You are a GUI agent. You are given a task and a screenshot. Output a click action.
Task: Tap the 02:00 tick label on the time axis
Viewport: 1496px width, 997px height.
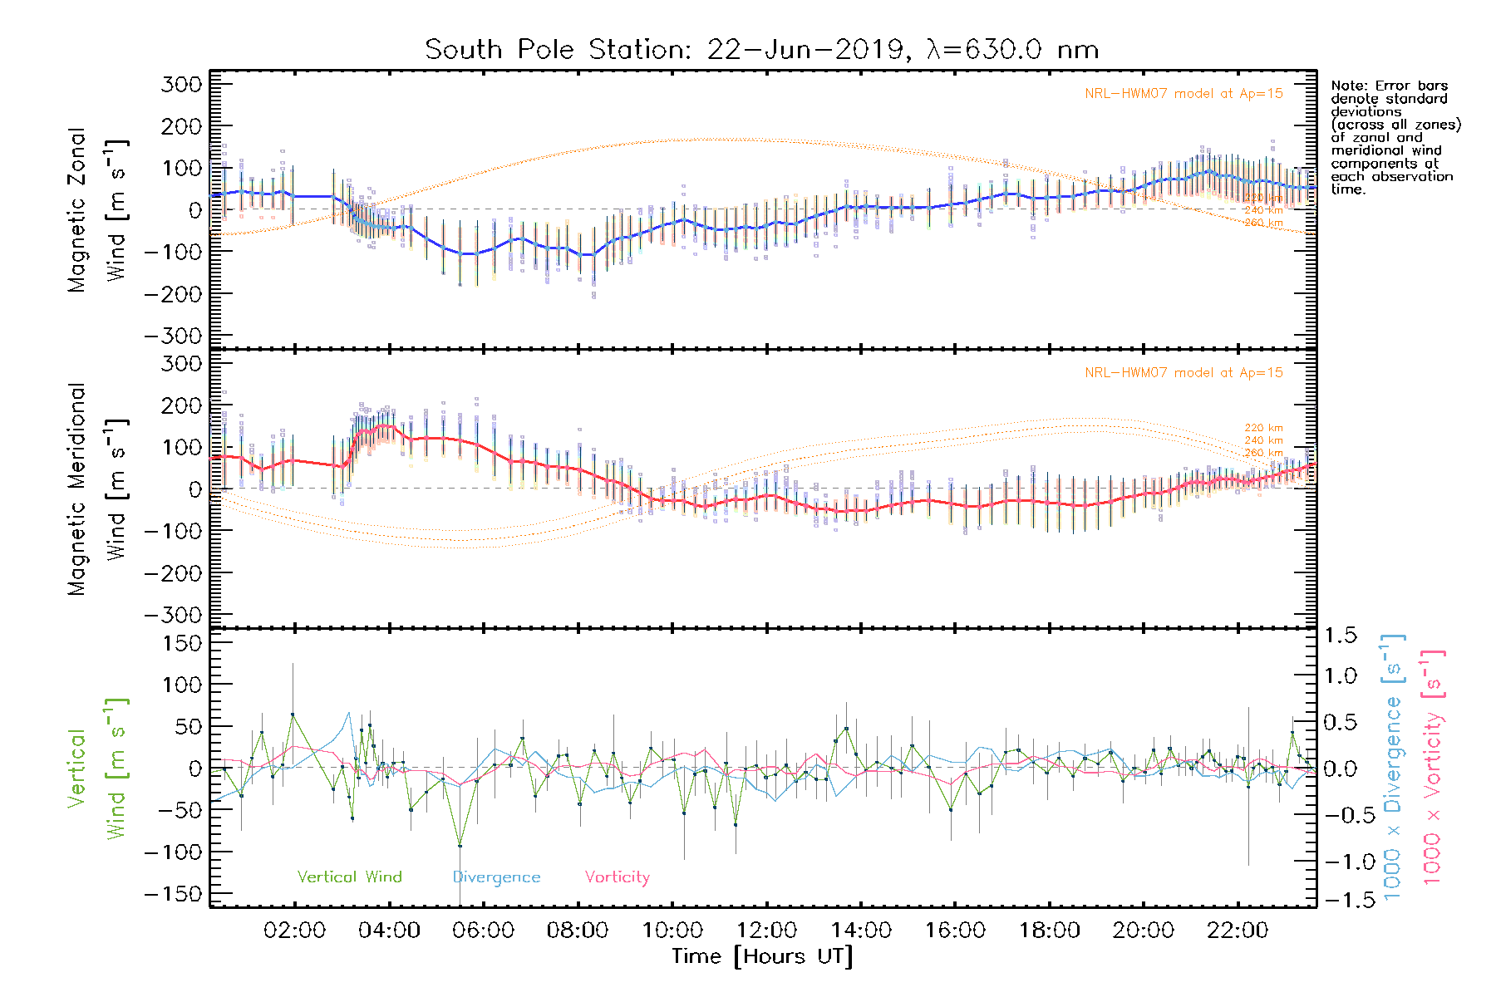pos(294,931)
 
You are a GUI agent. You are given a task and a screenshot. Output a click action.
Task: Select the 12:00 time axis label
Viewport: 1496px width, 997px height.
pos(766,931)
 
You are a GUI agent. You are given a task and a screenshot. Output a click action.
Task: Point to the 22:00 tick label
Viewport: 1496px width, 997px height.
pos(1238,931)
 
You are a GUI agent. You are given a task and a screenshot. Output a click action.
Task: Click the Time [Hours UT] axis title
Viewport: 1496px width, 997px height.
pos(762,957)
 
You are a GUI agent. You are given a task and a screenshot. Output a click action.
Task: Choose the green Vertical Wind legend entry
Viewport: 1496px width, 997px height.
pos(349,877)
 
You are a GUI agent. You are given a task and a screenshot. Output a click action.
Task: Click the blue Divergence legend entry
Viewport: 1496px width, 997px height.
pos(496,877)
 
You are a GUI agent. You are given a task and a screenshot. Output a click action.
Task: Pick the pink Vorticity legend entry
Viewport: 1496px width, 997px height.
pos(617,877)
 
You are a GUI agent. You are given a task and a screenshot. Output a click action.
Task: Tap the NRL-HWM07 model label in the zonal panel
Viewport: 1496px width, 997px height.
pos(1184,94)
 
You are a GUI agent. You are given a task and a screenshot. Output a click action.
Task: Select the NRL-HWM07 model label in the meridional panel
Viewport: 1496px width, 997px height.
pos(1184,373)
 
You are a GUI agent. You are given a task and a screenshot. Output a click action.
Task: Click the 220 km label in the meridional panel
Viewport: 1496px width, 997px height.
pos(1263,428)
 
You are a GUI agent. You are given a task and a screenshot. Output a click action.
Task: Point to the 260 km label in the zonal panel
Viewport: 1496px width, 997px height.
pos(1263,223)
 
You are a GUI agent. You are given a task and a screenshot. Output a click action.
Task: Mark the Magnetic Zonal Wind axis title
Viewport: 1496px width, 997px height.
pos(97,210)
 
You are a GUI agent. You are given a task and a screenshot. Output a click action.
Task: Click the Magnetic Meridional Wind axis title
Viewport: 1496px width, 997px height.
pos(97,489)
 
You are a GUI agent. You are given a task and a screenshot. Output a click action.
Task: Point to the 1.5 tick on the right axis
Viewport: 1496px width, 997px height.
pos(1340,636)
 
